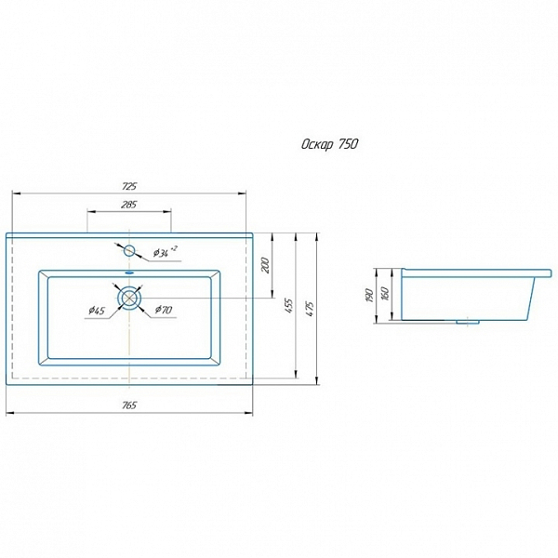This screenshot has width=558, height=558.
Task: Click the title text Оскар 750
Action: [x=329, y=144]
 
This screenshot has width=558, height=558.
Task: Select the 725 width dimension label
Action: [x=129, y=186]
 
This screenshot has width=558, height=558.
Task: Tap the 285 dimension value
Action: [x=129, y=205]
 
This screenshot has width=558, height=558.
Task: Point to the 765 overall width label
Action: [x=129, y=405]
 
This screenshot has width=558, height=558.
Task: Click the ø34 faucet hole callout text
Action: [x=165, y=252]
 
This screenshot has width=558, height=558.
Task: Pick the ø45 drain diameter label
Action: [x=97, y=311]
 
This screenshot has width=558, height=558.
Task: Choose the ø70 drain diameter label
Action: [x=164, y=310]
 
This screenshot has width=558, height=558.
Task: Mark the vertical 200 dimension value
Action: [x=266, y=265]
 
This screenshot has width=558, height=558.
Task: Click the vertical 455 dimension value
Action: [x=289, y=306]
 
